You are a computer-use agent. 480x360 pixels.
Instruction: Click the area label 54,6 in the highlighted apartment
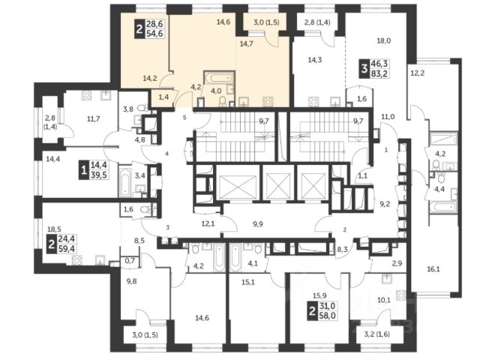pyautogui.click(x=155, y=33)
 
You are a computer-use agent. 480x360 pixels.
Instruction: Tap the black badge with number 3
pyautogui.click(x=364, y=68)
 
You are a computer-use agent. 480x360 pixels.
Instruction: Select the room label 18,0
pyautogui.click(x=384, y=40)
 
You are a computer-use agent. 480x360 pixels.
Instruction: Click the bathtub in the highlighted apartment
pyautogui.click(x=219, y=78)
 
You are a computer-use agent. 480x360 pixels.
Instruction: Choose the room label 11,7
pyautogui.click(x=93, y=118)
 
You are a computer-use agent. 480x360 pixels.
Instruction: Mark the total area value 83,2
pyautogui.click(x=379, y=73)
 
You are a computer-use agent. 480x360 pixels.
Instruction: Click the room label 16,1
pyautogui.click(x=433, y=269)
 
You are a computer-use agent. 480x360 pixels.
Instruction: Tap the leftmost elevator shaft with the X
pyautogui.click(x=238, y=187)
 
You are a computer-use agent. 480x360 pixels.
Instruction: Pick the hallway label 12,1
pyautogui.click(x=208, y=223)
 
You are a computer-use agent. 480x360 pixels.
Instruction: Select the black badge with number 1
pyautogui.click(x=83, y=170)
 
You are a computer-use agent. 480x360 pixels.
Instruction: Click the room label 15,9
pyautogui.click(x=319, y=295)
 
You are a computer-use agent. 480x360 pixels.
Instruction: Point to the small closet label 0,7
pyautogui.click(x=130, y=261)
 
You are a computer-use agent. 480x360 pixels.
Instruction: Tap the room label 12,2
pyautogui.click(x=418, y=73)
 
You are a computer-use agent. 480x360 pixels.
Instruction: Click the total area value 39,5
pyautogui.click(x=98, y=175)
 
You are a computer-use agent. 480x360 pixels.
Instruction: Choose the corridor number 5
pyautogui.click(x=184, y=117)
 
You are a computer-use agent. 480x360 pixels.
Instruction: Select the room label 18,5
pyautogui.click(x=55, y=229)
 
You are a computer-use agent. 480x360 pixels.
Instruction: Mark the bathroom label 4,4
pyautogui.click(x=439, y=190)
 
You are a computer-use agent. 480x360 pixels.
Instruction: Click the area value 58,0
pyautogui.click(x=328, y=316)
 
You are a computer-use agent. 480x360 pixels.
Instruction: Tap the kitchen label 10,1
pyautogui.click(x=384, y=300)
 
